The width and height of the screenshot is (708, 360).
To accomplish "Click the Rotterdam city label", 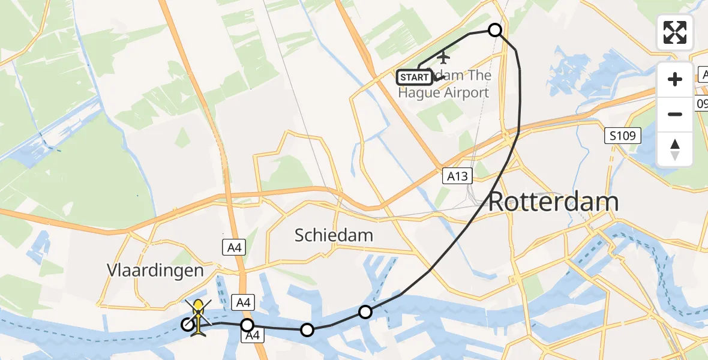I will click(553, 203).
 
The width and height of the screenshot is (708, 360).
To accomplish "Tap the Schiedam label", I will click(334, 235).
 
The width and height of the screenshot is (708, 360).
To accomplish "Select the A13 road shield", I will click(458, 176).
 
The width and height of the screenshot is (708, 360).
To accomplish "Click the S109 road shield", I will click(622, 136).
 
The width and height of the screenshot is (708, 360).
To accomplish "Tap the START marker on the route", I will click(414, 77).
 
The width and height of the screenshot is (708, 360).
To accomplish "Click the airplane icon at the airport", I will click(443, 58).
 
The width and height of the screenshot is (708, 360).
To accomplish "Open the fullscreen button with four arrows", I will click(675, 32).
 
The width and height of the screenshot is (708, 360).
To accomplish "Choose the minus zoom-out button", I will click(675, 114).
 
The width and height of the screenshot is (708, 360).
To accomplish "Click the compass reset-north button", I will click(675, 149).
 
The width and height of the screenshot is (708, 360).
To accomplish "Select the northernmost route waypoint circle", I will click(495, 30).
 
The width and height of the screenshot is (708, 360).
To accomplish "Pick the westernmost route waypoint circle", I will click(188, 325).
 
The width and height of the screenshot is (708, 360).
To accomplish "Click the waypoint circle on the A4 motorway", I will click(247, 326).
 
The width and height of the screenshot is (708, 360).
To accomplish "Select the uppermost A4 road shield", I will click(234, 248).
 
